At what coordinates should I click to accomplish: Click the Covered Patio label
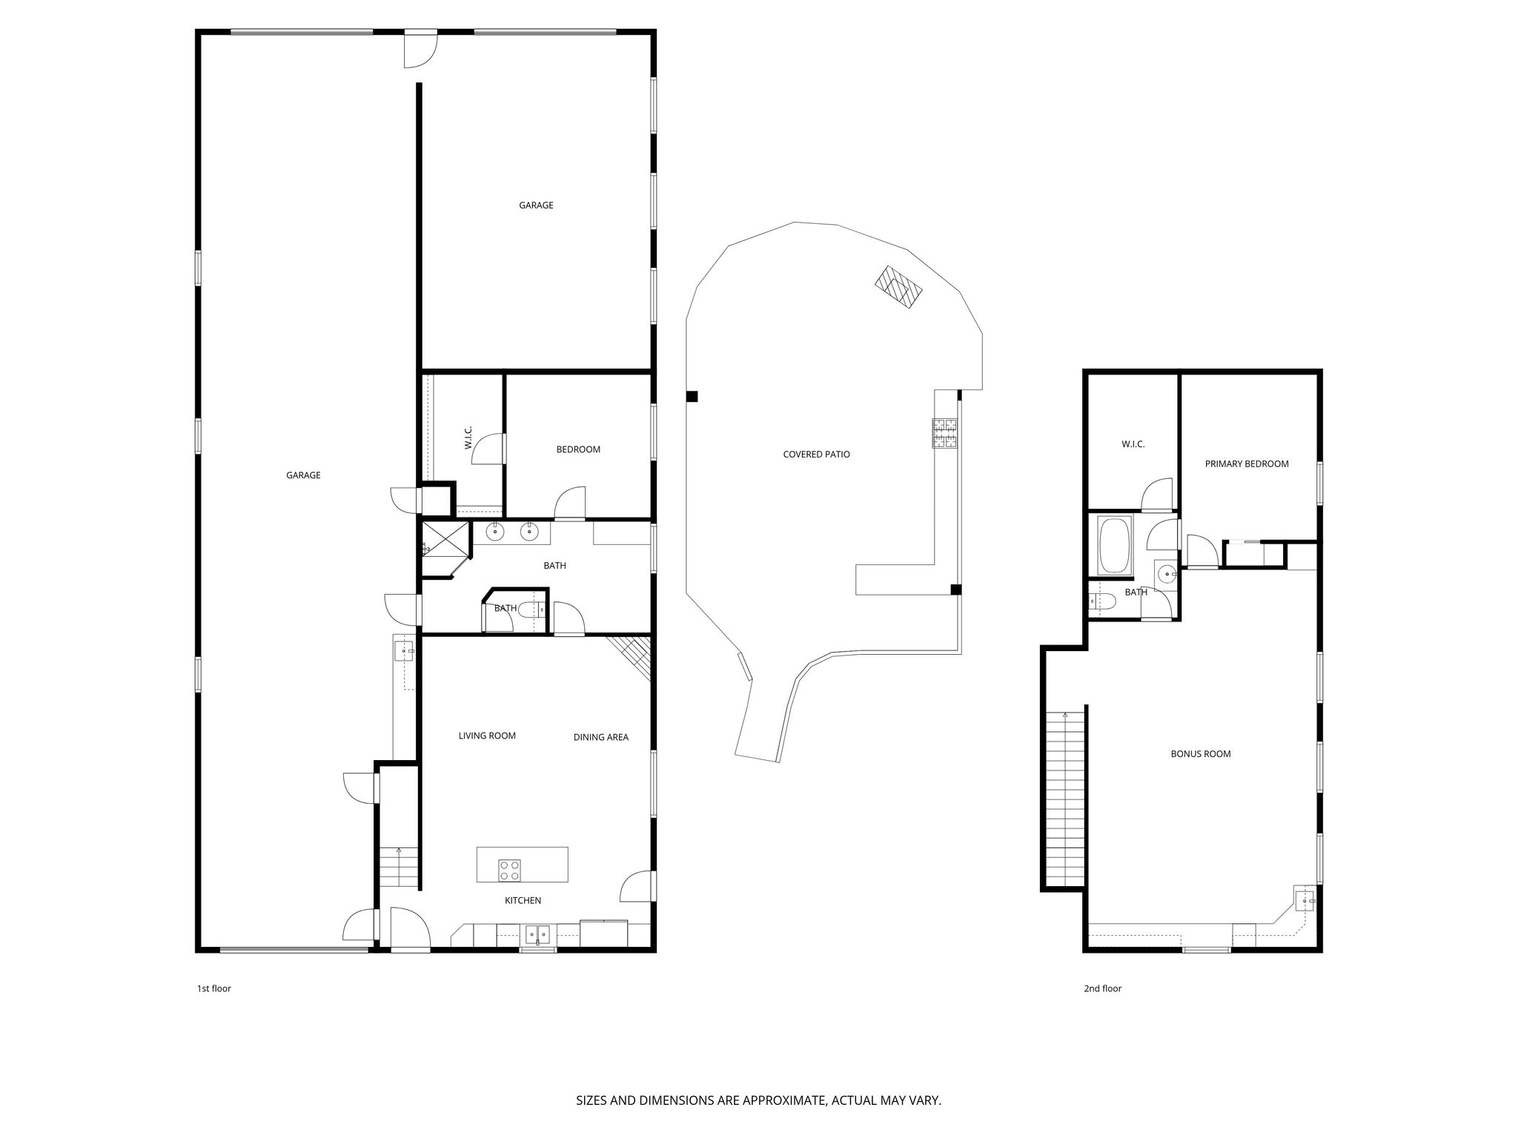[x=816, y=455]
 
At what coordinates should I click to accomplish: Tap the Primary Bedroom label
[x=1246, y=464]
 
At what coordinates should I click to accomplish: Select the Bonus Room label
[x=1200, y=754]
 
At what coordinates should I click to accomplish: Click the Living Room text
[x=487, y=736]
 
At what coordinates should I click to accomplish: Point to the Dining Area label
[x=600, y=737]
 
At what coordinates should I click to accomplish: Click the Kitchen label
[x=523, y=901]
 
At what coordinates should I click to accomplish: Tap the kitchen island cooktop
[x=509, y=870]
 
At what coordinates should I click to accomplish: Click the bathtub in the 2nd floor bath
[x=1114, y=546]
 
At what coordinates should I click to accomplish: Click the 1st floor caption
[x=213, y=988]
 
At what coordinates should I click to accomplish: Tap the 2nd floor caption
[x=1102, y=988]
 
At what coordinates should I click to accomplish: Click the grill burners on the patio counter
[x=945, y=434]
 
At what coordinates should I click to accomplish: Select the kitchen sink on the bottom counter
[x=537, y=934]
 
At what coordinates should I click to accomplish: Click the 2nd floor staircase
[x=1064, y=799]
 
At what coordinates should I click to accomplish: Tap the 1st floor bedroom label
[x=578, y=449]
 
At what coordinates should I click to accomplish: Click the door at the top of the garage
[x=420, y=50]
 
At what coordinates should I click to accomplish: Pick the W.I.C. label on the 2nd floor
[x=1133, y=444]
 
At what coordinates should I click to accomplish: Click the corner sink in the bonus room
[x=1304, y=901]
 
